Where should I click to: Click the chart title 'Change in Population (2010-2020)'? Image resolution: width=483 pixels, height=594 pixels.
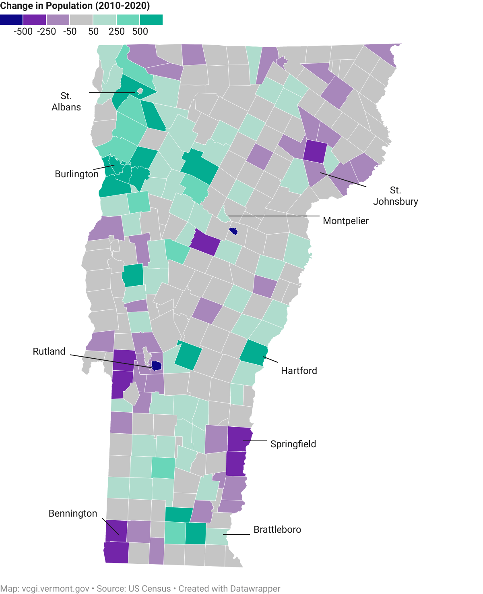75,6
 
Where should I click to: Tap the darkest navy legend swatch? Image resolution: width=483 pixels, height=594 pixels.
11,20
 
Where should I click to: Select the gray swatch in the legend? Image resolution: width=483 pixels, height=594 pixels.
81,20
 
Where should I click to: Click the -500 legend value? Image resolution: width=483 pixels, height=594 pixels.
23,31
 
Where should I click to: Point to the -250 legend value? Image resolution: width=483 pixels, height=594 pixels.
46,31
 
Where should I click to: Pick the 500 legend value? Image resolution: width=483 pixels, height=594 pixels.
140,31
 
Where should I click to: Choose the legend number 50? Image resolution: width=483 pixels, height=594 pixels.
93,31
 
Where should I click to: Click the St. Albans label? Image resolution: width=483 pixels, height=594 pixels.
66,102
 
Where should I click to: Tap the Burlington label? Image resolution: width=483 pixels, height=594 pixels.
76,174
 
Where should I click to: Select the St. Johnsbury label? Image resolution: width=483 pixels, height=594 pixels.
395,196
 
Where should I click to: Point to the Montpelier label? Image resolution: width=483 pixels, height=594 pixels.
346,221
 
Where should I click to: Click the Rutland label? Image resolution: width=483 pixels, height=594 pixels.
49,351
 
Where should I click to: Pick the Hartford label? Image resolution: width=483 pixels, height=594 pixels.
299,371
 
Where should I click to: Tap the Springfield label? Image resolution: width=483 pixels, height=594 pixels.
293,444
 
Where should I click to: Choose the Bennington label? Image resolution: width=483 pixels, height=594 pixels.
73,513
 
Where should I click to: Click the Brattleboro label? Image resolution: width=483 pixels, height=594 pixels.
277,530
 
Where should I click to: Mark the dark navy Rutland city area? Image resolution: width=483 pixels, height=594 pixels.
157,366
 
